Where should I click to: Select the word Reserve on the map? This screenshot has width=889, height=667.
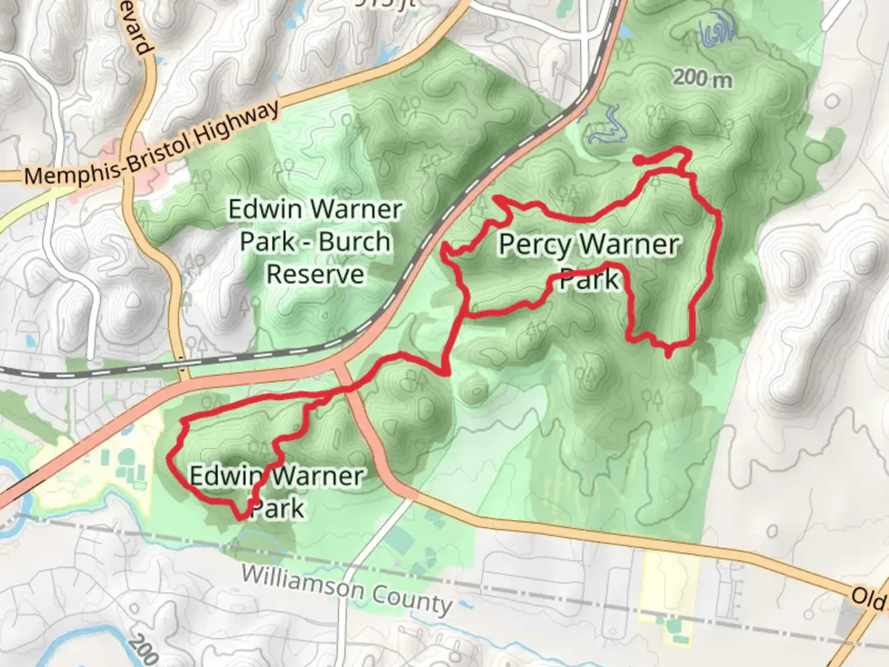coord(315,274)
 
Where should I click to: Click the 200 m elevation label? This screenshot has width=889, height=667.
coord(702,78)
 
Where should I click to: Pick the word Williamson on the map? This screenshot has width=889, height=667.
coord(303,582)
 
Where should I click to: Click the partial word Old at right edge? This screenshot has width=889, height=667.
coord(869,598)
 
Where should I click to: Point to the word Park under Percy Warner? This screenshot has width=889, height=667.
coord(588,279)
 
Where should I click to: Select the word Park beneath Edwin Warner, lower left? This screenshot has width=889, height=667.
coord(278,509)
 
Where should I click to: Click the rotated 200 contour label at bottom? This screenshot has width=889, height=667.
coord(144,650)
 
